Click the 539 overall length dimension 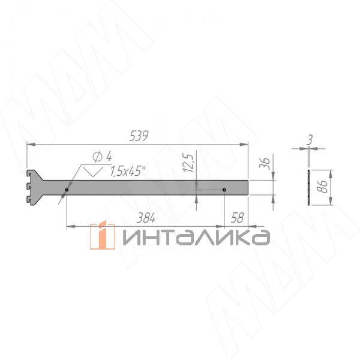(138, 137)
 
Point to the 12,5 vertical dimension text (188, 163)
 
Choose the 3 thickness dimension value (309, 139)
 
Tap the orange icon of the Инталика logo (103, 235)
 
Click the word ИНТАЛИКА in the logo (195, 237)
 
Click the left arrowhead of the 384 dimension (69, 226)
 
